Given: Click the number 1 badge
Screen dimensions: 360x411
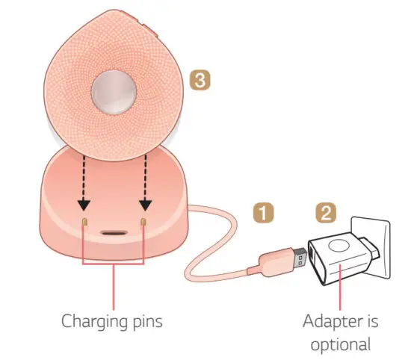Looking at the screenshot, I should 262,212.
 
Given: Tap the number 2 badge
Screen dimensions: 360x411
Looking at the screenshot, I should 325,212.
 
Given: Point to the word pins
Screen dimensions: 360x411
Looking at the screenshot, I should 143,323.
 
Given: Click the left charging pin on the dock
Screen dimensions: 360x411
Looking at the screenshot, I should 84,223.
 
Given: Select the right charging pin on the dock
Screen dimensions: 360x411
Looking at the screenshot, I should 144,223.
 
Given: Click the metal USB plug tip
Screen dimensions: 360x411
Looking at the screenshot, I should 296,258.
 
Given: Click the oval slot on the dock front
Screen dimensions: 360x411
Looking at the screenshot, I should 114,232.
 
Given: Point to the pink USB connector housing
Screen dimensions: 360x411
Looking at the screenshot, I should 272,261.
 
